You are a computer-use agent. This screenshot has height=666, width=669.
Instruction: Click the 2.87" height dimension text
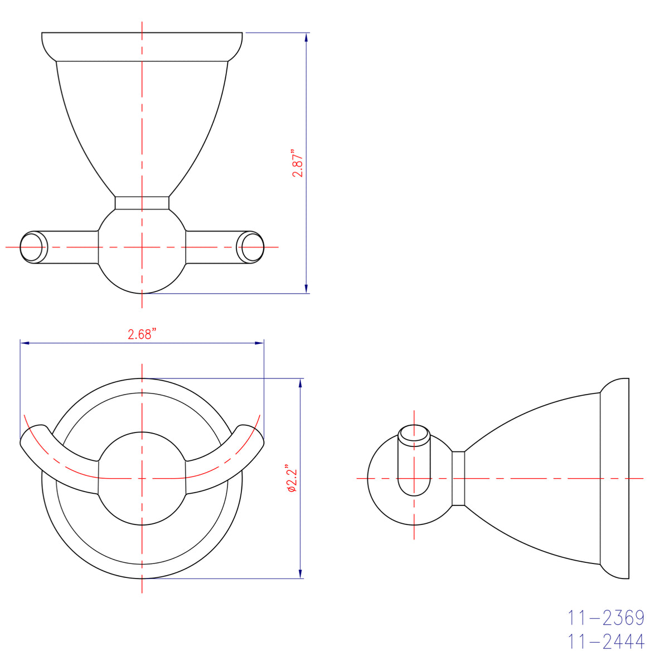click(298, 163)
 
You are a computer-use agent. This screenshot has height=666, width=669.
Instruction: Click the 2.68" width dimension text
click(142, 334)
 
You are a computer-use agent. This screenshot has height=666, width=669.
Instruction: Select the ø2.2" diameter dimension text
click(293, 479)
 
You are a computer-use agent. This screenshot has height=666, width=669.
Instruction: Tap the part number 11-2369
click(606, 618)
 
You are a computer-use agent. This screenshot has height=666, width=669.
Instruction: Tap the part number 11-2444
click(606, 641)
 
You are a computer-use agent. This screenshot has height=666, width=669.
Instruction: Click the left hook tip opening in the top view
click(32, 246)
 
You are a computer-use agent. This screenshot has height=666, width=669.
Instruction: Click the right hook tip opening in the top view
click(251, 246)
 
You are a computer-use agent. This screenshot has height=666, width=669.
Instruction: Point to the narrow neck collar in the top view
click(142, 202)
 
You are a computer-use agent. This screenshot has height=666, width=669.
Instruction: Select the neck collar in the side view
click(458, 478)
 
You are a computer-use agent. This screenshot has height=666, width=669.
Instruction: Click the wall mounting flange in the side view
click(615, 478)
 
